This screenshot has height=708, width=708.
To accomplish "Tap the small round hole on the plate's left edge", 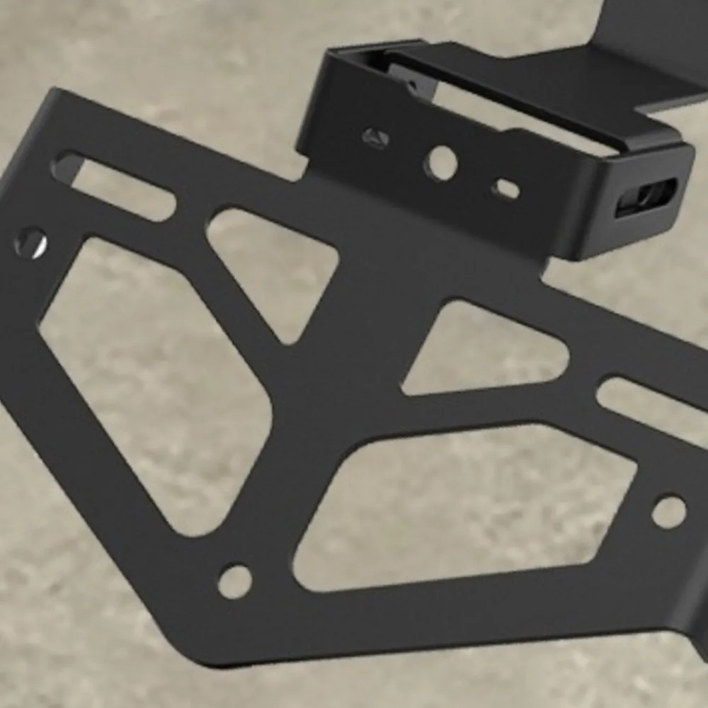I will tap(30, 243).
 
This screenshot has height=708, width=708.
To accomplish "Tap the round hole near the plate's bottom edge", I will tap(234, 581).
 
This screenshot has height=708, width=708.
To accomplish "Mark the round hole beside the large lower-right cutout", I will tap(668, 511).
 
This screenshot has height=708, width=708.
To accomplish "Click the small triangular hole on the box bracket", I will tap(376, 138).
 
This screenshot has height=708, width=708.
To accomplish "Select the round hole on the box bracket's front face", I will tap(440, 163).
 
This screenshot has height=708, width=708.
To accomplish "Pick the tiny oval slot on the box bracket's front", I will tap(507, 188).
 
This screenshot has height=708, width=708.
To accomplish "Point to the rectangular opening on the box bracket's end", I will tap(646, 196).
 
